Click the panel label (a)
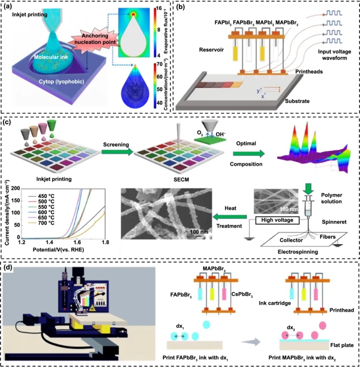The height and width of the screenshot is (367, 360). tap(11, 7)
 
